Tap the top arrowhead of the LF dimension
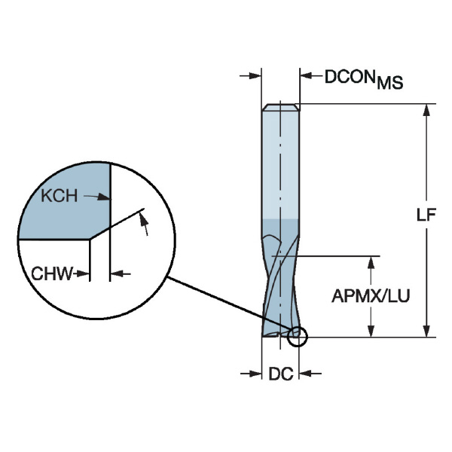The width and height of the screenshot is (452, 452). [x=427, y=110]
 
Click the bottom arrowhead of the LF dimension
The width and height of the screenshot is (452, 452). [x=427, y=330]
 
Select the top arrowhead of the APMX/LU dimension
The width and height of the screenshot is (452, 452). [x=371, y=261]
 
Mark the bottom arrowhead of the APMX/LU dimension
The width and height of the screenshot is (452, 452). [x=371, y=330]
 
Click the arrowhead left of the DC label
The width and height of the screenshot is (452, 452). [x=256, y=372]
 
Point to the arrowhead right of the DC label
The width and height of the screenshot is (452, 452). [x=305, y=372]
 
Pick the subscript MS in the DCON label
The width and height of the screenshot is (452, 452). [x=390, y=84]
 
